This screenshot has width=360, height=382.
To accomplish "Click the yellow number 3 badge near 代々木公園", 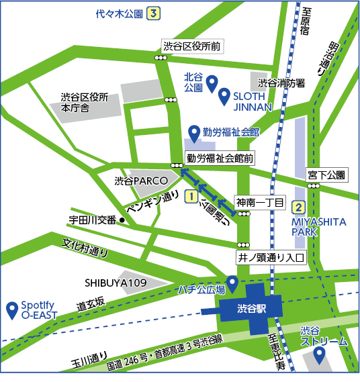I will pyautogui.click(x=154, y=13).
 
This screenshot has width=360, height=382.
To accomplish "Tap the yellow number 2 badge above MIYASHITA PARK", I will pyautogui.click(x=299, y=207).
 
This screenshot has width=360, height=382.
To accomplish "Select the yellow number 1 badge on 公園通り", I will pyautogui.click(x=191, y=197).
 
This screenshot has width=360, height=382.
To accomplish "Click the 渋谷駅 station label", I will pyautogui.click(x=252, y=309).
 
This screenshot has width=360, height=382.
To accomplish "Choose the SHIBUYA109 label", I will pyautogui.click(x=116, y=283).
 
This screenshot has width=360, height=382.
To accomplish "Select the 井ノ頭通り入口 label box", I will pyautogui.click(x=271, y=256).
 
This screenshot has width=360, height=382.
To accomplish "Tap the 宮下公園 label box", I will pyautogui.click(x=326, y=175).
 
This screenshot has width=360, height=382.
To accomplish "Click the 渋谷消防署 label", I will pyautogui.click(x=282, y=83).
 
